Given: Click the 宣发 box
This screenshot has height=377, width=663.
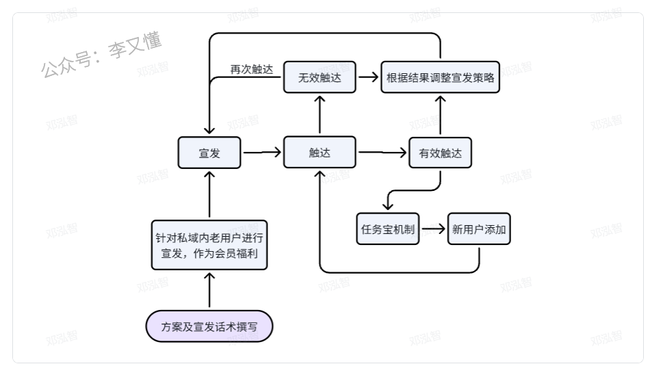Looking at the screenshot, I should tap(209, 153).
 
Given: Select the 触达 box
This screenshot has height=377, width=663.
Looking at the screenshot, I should tap(320, 153).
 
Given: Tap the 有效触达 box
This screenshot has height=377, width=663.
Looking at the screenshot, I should tap(440, 153).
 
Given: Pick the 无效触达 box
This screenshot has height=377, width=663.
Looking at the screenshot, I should tap(320, 77).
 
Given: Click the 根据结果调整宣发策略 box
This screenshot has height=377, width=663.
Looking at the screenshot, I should tap(440, 77).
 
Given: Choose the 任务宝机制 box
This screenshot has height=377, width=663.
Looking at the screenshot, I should tap(388, 229).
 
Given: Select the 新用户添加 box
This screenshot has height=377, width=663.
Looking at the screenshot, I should tap(479, 229).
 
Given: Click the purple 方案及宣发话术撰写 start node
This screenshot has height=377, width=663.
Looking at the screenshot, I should tap(209, 326).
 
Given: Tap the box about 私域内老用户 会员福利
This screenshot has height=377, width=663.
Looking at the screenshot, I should tap(209, 245).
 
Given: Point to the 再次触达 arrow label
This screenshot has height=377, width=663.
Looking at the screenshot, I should tap(251, 69).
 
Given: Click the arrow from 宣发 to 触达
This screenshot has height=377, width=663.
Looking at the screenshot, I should tap(262, 153).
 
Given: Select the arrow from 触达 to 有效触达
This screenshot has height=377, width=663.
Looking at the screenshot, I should tap(382, 153).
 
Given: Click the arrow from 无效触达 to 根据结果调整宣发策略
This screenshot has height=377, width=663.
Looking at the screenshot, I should tap(368, 77).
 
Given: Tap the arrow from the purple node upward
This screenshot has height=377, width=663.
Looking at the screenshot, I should tap(209, 290).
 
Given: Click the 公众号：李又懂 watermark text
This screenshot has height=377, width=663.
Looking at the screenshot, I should tap(101, 55).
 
